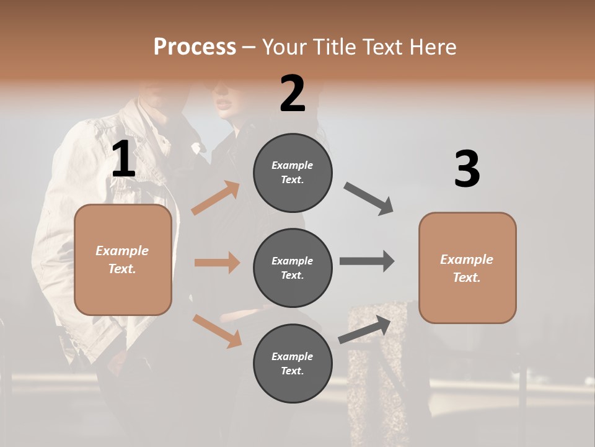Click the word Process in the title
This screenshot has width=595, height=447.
[x=195, y=47]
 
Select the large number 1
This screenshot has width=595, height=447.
[x=123, y=160]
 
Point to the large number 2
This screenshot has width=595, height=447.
[x=293, y=94]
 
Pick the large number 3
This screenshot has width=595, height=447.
[x=467, y=169]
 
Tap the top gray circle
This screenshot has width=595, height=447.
[x=293, y=173]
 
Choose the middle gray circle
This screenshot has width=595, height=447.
[x=293, y=268]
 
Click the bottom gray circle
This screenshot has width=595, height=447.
[x=293, y=363]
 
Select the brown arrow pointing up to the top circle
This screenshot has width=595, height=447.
[x=216, y=198]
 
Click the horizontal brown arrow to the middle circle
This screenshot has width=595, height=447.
[x=217, y=263]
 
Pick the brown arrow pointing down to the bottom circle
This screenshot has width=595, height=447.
[x=217, y=330]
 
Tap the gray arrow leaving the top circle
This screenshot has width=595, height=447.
[x=369, y=199]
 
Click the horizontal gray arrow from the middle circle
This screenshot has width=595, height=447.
[x=366, y=261]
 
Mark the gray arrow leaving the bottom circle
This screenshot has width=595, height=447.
[x=365, y=330]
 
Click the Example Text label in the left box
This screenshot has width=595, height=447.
[x=122, y=260]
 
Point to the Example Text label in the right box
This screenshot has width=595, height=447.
[x=467, y=268]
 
